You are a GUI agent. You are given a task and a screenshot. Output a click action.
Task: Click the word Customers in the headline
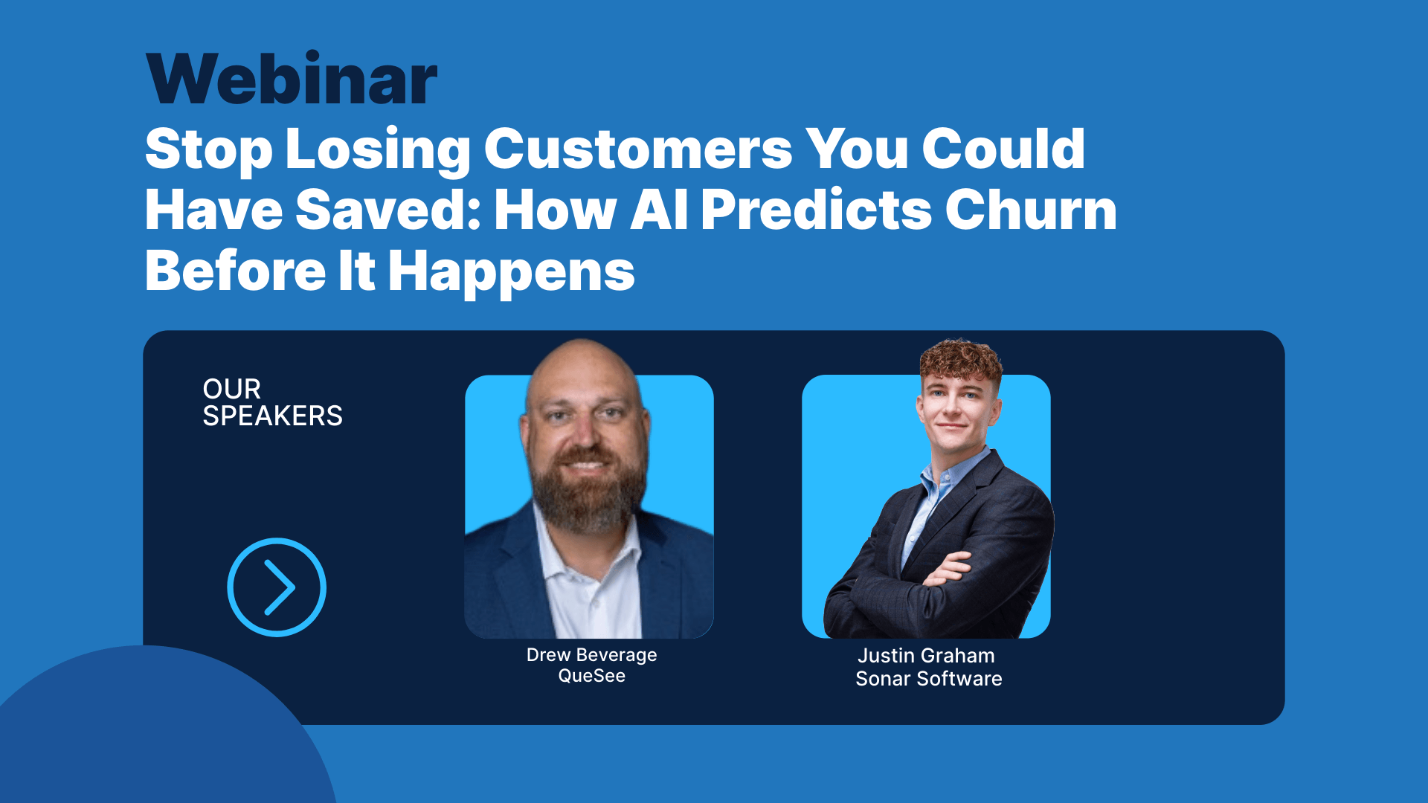point(638,149)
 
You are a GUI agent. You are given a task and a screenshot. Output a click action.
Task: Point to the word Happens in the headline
point(512,272)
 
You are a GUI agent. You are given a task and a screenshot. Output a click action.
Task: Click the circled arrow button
point(277,587)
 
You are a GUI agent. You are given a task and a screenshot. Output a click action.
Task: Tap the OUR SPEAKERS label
point(272,402)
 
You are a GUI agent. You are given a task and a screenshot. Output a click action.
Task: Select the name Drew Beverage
point(591,655)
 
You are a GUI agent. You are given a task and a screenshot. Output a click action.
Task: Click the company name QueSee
point(591,676)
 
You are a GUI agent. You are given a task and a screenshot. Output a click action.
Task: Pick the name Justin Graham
point(926,656)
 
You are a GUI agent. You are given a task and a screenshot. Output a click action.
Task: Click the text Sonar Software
point(928,679)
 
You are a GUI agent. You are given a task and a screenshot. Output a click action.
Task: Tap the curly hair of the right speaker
point(961,361)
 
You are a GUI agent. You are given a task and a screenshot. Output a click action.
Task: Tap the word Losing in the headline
point(378,149)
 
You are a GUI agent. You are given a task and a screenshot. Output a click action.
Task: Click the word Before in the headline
point(235,272)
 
